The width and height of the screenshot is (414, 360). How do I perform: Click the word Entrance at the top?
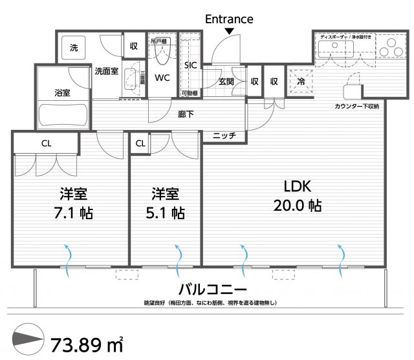(x=229, y=19)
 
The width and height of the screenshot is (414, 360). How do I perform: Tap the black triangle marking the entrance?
(x=229, y=32)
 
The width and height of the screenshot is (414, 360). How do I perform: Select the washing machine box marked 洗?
(x=74, y=47)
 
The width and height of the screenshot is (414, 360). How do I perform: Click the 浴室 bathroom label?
(x=62, y=93)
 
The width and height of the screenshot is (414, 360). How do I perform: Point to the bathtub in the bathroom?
(x=62, y=116)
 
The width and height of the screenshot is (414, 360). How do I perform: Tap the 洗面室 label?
(x=106, y=71)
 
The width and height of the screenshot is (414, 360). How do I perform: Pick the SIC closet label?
(x=190, y=65)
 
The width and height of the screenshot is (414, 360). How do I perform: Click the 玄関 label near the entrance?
(x=226, y=81)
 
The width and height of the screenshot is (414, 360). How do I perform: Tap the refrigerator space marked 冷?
(x=301, y=81)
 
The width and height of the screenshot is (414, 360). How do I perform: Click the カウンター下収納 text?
(x=356, y=105)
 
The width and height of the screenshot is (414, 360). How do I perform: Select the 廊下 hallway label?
(x=186, y=114)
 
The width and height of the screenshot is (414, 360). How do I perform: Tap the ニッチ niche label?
(x=224, y=136)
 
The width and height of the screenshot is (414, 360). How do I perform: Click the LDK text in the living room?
(x=298, y=187)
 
